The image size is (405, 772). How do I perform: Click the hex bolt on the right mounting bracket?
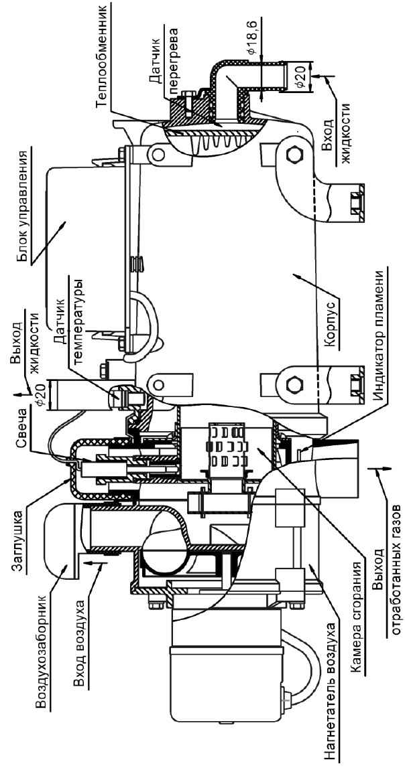point(294,152)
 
